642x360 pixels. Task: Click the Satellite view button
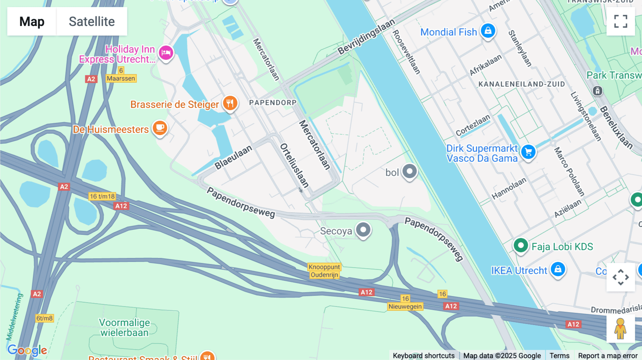point(92,22)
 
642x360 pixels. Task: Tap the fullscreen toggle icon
point(621,21)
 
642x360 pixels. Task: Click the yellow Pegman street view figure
point(620,328)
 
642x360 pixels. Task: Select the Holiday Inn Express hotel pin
point(166,53)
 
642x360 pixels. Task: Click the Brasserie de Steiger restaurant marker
point(230,103)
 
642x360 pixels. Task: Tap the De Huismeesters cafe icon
point(160,128)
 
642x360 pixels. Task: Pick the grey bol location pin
point(409,171)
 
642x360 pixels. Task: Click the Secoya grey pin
point(363,230)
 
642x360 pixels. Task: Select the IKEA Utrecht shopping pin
point(558,269)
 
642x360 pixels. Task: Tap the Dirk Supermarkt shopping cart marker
point(528,152)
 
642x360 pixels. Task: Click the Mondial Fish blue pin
point(488,31)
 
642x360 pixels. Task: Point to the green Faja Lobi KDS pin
point(520,246)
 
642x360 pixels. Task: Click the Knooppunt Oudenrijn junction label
point(324,271)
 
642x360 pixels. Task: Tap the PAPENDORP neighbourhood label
point(273,103)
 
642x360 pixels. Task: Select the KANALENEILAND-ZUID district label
point(521,84)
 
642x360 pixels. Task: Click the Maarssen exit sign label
point(121,78)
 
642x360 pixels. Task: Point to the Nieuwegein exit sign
point(405,307)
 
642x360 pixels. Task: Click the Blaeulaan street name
point(233,157)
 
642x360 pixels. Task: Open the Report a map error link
point(607,356)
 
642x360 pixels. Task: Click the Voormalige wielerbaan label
point(124,328)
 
